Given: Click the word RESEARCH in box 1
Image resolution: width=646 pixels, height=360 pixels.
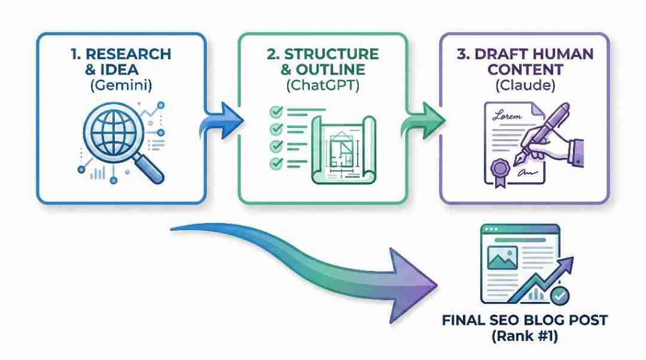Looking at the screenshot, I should pyautogui.click(x=133, y=54).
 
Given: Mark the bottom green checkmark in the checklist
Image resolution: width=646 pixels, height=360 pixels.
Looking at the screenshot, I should pyautogui.click(x=276, y=164).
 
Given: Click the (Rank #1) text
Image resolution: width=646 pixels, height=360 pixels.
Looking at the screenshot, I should pyautogui.click(x=524, y=337).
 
